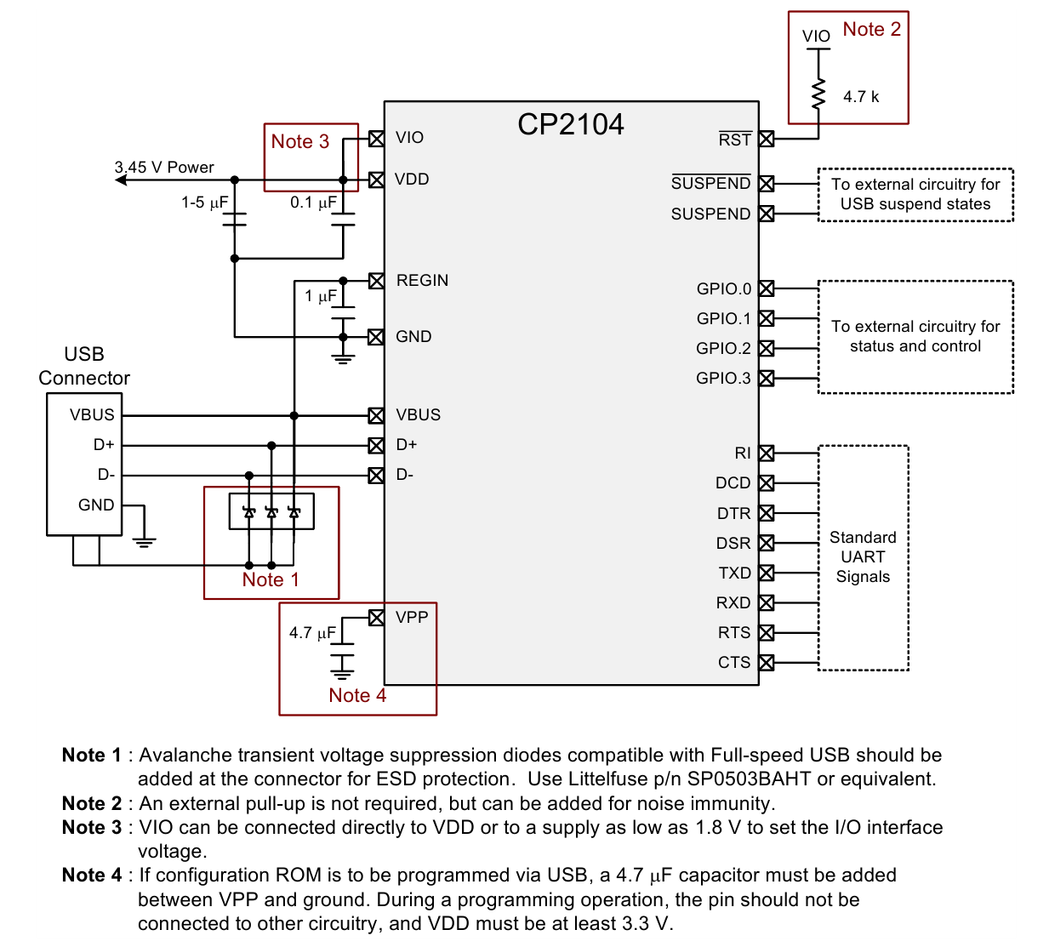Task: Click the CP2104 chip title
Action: click(571, 124)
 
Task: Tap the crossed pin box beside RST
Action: click(766, 140)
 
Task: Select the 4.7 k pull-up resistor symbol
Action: click(818, 94)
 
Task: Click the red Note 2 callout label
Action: click(872, 29)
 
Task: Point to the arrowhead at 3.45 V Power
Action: click(121, 180)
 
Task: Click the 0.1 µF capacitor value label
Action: click(313, 202)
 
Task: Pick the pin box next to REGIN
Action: click(376, 281)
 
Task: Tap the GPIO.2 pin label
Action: click(723, 348)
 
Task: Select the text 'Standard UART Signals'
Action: click(863, 556)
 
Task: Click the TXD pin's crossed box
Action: click(766, 573)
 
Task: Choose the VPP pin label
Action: click(412, 618)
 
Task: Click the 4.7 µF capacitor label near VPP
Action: click(313, 632)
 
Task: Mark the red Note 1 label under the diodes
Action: click(271, 579)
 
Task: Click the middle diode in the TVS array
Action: click(271, 512)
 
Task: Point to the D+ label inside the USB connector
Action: click(104, 445)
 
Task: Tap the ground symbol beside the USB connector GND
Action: click(145, 542)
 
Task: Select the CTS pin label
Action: click(734, 662)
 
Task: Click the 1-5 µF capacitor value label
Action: click(204, 202)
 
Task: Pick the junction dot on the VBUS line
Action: click(294, 415)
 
